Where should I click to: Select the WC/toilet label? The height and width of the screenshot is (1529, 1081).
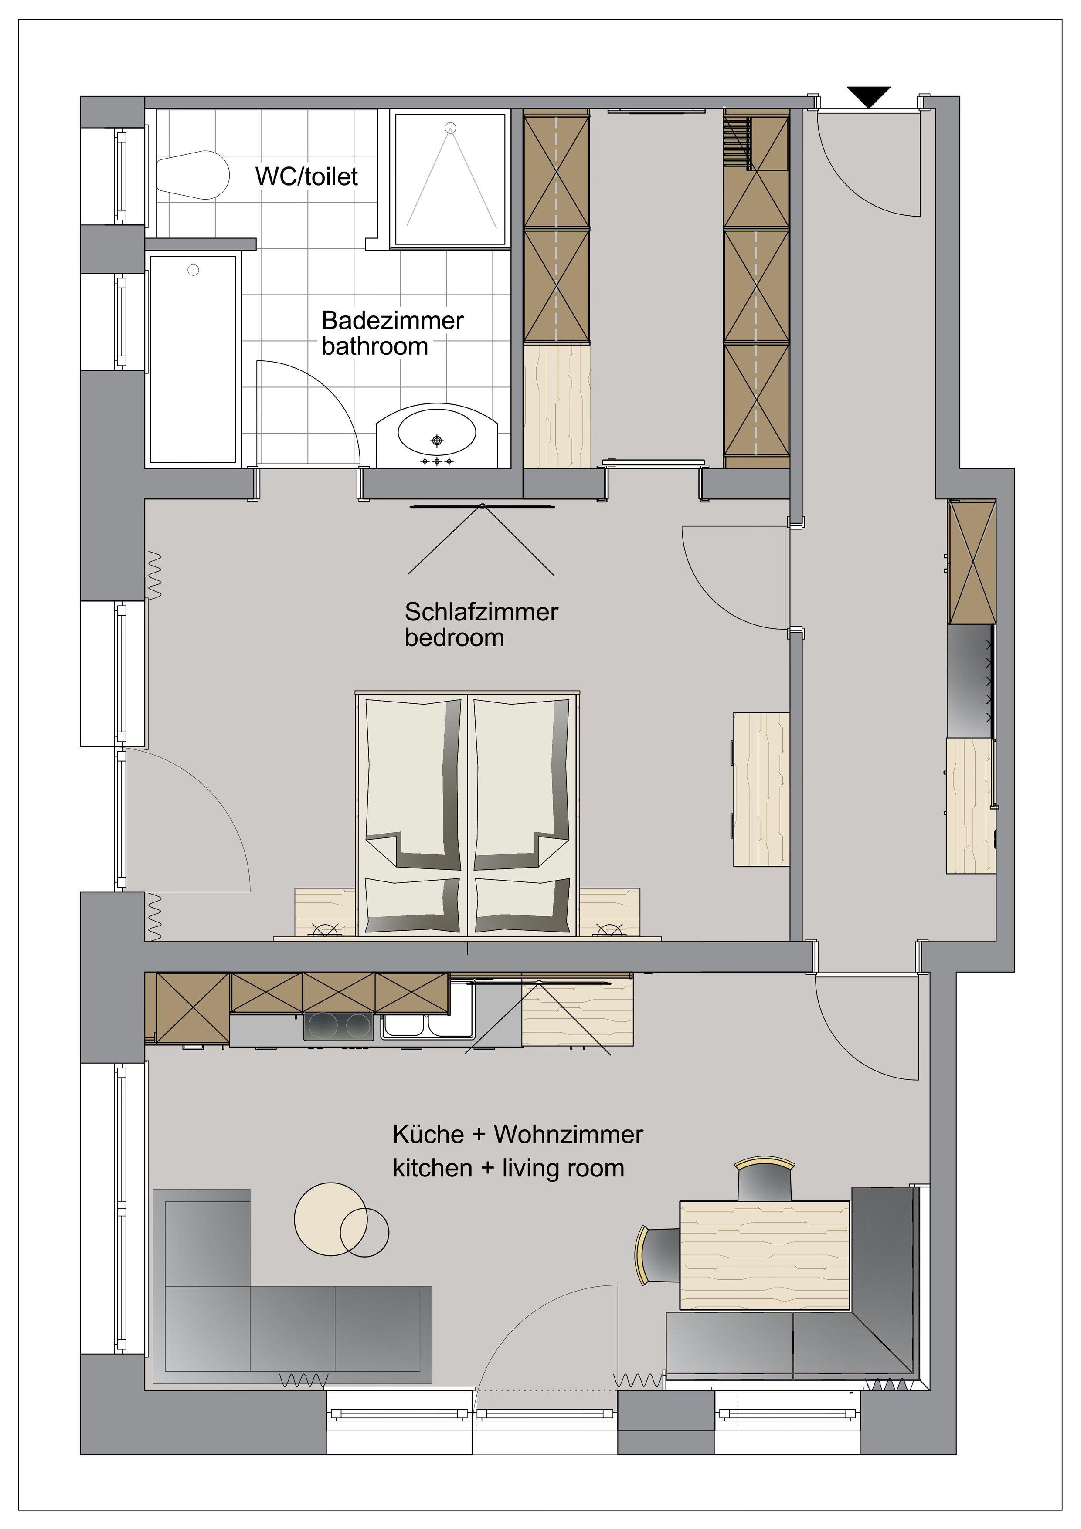(306, 176)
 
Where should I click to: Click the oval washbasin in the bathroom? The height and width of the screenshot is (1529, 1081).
(437, 434)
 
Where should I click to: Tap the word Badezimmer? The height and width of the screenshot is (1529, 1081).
(392, 320)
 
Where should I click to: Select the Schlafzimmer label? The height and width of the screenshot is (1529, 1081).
(481, 611)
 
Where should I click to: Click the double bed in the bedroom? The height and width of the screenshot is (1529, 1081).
(468, 814)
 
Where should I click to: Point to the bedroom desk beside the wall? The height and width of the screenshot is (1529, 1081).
(761, 789)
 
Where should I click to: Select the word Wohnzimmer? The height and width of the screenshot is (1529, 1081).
(568, 1134)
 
